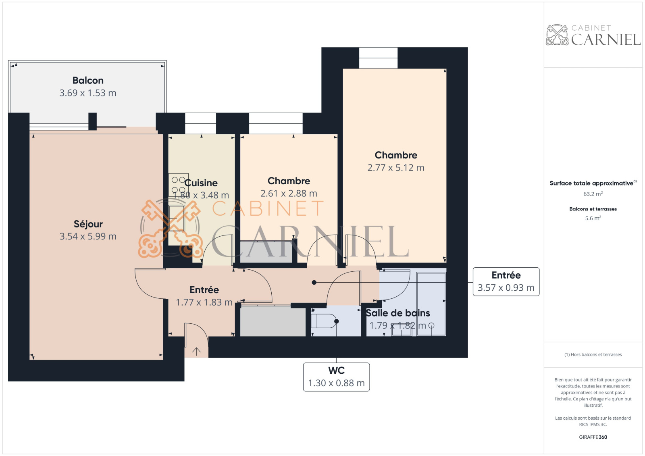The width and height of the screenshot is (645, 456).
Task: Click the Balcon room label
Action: click(x=88, y=80)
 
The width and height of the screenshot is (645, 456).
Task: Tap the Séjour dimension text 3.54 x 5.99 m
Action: click(x=88, y=237)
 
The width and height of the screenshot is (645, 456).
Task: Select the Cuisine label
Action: click(x=201, y=183)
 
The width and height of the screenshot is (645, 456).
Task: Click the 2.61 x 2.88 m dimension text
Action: click(x=289, y=194)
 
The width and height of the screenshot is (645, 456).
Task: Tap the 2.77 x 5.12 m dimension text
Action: click(x=396, y=168)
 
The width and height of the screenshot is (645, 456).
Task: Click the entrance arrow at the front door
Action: click(x=196, y=352)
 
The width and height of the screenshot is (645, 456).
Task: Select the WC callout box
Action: click(x=336, y=377)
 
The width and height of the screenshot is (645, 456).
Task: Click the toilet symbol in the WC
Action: click(x=325, y=321)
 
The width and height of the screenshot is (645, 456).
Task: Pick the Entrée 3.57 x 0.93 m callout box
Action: click(x=506, y=282)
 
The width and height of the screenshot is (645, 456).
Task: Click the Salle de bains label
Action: click(x=398, y=313)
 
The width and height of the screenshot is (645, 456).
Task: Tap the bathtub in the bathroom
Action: click(x=431, y=304)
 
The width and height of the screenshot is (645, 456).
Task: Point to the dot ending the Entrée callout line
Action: click(x=314, y=283)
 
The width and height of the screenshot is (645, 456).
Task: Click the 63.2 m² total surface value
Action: click(x=593, y=194)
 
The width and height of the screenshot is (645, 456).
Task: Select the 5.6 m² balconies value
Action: click(x=593, y=218)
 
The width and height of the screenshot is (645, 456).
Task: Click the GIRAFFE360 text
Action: click(x=593, y=437)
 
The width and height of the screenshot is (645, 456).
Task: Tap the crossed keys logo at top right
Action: click(x=557, y=35)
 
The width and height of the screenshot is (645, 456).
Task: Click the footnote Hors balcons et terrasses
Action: click(x=593, y=355)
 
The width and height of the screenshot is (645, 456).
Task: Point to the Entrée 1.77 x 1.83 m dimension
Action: click(x=204, y=302)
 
